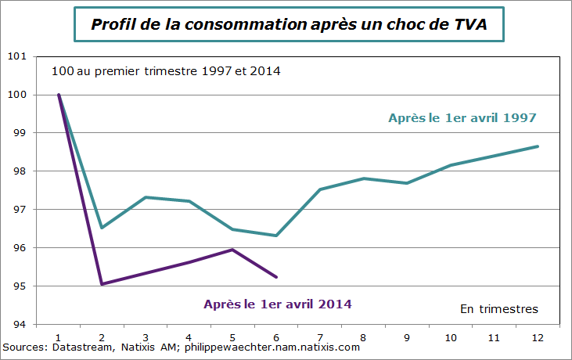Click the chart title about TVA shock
point(289,24)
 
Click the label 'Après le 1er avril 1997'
point(462,118)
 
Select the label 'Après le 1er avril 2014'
point(277,304)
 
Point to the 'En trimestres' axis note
point(498,309)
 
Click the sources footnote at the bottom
point(182,347)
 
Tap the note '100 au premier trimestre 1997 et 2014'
point(166,71)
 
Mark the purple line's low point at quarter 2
point(103,284)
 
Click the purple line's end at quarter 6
point(276,277)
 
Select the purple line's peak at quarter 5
point(233,250)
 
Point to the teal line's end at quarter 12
point(538,146)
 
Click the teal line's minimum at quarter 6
point(276,236)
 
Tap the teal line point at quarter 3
point(146,197)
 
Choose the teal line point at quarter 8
point(364,178)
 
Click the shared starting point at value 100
point(59,95)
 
